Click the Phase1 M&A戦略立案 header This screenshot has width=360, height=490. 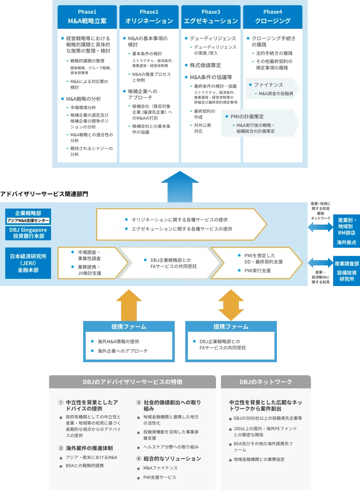click(87, 17)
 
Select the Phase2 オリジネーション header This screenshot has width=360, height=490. click(149, 17)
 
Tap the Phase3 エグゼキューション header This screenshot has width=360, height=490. click(211, 17)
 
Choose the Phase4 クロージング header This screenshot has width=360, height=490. click(273, 17)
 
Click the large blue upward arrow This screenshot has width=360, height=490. click(180, 186)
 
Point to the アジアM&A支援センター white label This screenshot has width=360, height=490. click(28, 221)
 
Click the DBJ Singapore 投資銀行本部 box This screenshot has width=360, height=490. click(28, 233)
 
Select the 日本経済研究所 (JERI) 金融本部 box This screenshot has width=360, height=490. click(28, 263)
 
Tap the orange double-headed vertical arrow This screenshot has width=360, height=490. click(231, 305)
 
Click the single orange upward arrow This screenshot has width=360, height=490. click(129, 305)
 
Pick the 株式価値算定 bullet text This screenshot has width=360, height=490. click(206, 65)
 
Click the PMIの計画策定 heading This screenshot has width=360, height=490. click(247, 117)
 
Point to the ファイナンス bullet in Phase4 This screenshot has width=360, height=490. click(269, 85)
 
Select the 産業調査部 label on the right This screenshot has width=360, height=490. click(347, 264)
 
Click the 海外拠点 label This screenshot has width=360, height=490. click(347, 242)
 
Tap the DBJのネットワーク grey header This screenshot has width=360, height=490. click(266, 382)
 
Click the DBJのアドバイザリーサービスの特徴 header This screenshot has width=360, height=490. click(132, 382)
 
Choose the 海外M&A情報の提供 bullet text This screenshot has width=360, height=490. click(118, 341)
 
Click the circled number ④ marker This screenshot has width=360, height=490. click(139, 458)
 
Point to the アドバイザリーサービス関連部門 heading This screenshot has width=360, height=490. click(44, 194)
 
